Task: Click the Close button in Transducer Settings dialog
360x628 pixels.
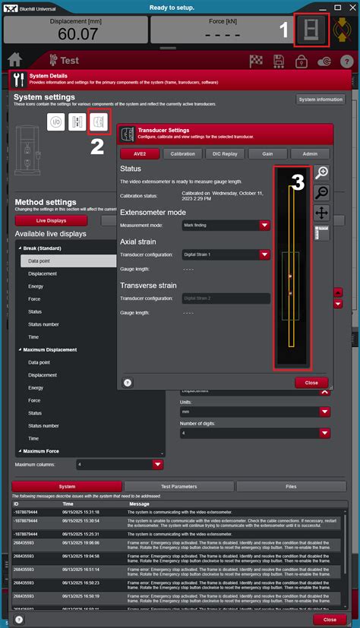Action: (311, 383)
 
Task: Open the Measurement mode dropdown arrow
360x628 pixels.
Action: (264, 225)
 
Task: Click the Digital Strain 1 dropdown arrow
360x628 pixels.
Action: (264, 255)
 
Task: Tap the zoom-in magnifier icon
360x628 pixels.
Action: (321, 172)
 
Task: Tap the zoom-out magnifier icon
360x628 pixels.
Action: (321, 192)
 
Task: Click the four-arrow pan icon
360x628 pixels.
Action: (321, 213)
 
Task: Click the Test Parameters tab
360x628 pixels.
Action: (179, 487)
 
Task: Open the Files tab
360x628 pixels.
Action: (291, 487)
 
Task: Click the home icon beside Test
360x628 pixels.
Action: (14, 59)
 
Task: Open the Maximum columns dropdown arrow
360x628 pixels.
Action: (157, 464)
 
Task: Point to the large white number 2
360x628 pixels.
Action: (97, 146)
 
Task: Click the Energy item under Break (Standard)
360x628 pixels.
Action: (36, 286)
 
